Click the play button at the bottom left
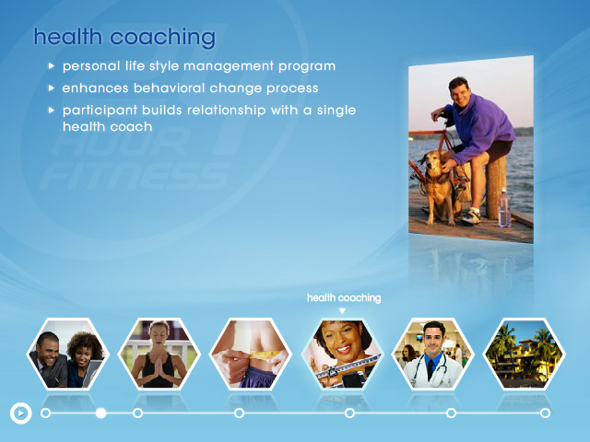pos(20,413)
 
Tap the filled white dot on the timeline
pos(100,413)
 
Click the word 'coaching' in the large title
pos(163,38)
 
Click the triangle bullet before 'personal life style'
pos(52,66)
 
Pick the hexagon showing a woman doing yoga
pos(159,354)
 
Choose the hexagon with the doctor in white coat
pos(433,354)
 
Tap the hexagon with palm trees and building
pos(525,354)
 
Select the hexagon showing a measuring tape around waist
pos(250,354)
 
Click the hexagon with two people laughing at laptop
pos(67,354)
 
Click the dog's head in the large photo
pos(432,160)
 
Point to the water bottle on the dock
pos(504,208)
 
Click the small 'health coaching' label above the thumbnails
pos(344,297)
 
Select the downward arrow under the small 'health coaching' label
pos(342,311)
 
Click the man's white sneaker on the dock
pos(469,217)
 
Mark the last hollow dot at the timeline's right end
pos(545,413)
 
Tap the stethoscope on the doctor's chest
pos(432,370)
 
